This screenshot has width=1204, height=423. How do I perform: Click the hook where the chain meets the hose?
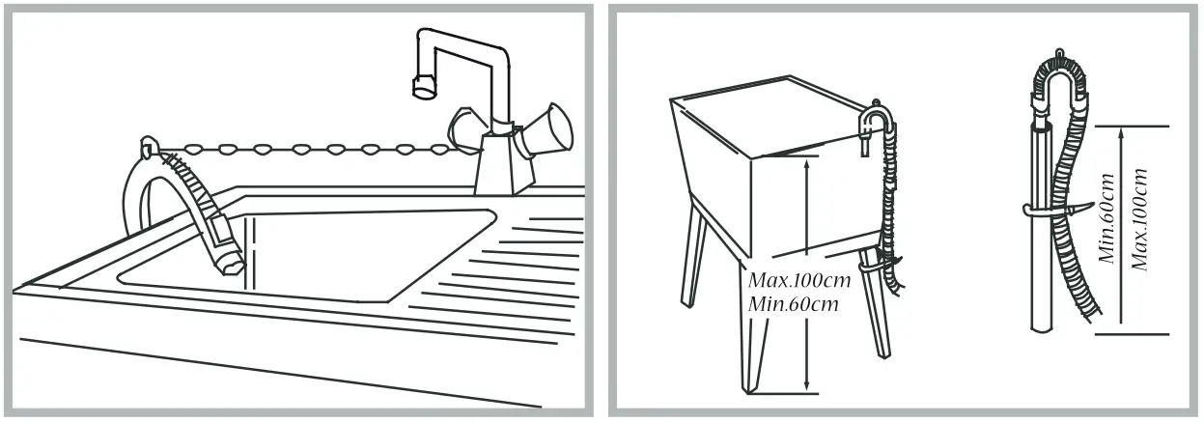point(146,148)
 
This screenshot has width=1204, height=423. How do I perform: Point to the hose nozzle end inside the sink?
point(230,259)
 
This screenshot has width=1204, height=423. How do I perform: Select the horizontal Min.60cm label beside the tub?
point(792,304)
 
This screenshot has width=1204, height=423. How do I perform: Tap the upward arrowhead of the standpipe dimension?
point(1121,136)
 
